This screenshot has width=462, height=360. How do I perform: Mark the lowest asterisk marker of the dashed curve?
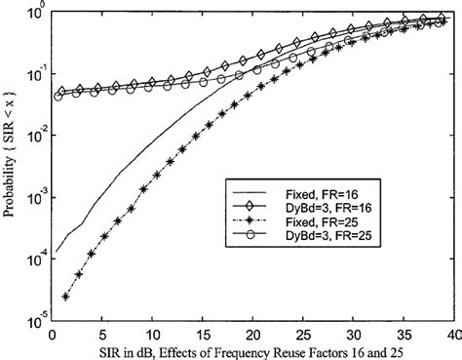65,296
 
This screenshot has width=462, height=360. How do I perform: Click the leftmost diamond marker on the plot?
62,92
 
